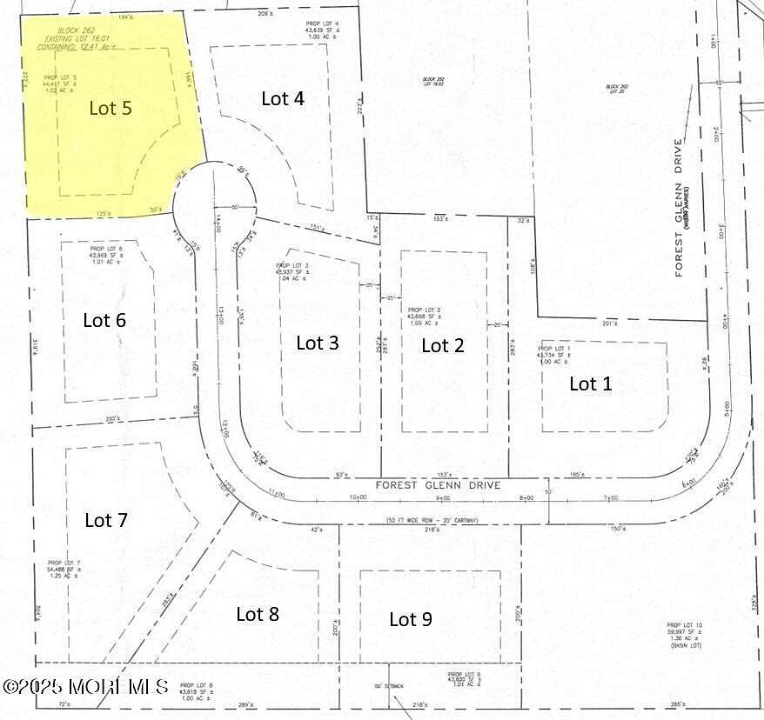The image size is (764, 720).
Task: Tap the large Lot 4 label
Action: tap(283, 98)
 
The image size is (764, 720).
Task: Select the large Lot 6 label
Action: tap(104, 320)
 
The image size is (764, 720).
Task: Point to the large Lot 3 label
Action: tap(318, 343)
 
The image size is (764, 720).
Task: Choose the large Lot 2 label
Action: tap(443, 346)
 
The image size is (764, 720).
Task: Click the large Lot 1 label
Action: tap(591, 383)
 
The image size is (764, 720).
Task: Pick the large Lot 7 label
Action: tap(106, 521)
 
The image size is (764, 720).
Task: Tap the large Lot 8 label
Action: tap(258, 614)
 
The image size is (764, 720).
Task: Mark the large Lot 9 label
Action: tap(410, 619)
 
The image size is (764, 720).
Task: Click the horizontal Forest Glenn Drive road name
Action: tap(438, 485)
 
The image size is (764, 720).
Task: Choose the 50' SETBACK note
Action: tap(389, 686)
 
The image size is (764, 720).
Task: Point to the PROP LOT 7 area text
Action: tap(66, 570)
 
